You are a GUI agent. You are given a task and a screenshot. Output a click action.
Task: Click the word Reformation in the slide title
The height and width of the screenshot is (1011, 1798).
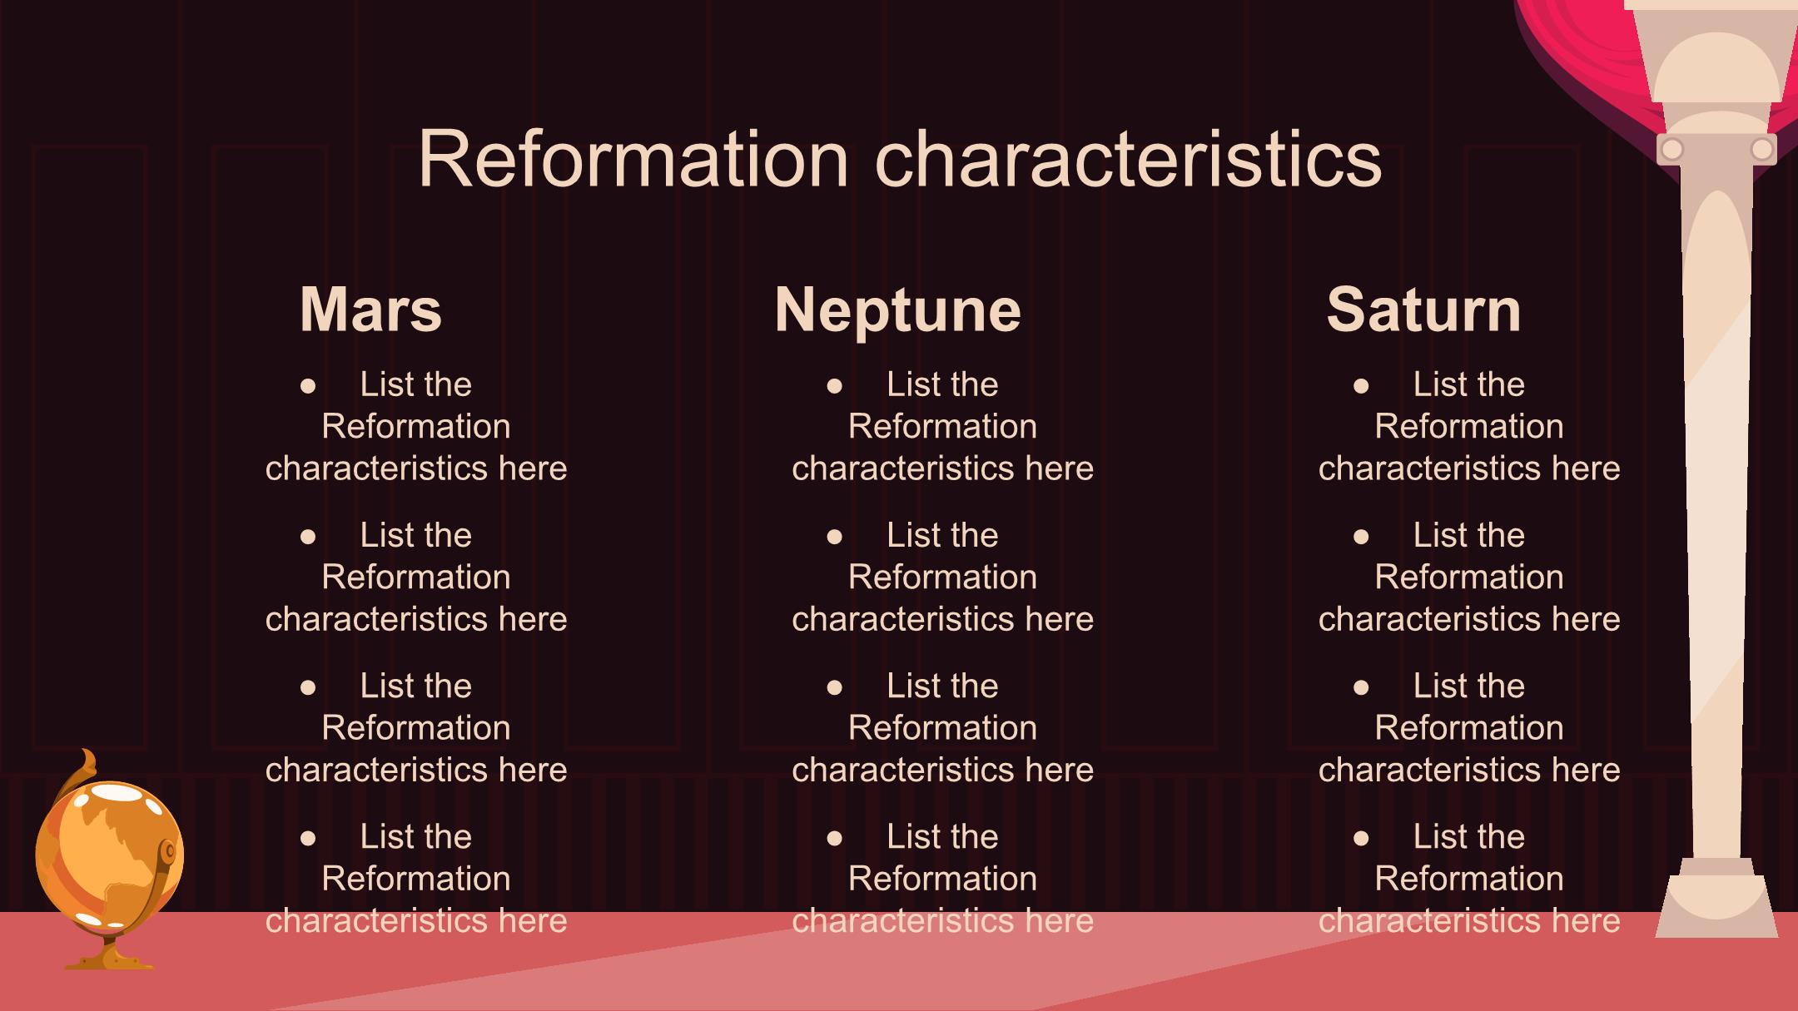pos(633,158)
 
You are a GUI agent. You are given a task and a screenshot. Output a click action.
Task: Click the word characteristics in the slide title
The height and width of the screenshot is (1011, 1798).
pos(1129,158)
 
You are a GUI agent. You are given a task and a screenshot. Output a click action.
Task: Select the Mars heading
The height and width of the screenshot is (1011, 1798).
pos(370,310)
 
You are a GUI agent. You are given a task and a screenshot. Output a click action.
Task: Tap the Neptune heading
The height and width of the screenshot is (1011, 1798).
pos(897,310)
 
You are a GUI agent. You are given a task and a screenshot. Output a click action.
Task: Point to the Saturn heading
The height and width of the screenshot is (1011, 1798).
pos(1423,310)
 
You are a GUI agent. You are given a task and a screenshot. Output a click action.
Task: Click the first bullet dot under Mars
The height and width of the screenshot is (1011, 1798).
pos(308,386)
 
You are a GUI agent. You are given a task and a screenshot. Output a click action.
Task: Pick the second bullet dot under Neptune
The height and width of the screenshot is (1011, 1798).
pos(835,537)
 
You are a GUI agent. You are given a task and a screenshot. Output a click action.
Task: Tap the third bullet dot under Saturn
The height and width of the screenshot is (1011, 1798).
pos(1361,687)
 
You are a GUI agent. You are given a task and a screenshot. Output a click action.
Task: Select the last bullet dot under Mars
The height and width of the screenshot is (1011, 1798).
pos(308,838)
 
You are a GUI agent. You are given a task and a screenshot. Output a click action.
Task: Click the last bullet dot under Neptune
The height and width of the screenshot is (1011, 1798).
pos(835,838)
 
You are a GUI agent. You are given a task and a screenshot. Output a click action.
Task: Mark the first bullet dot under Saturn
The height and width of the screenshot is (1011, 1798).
pos(1361,386)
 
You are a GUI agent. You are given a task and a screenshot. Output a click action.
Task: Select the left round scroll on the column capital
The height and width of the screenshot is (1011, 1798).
pos(1671,150)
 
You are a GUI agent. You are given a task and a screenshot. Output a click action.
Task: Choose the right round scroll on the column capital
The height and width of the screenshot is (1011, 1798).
pos(1762,150)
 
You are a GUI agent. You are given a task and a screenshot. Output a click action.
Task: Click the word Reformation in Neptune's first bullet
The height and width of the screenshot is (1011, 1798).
pos(942,427)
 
